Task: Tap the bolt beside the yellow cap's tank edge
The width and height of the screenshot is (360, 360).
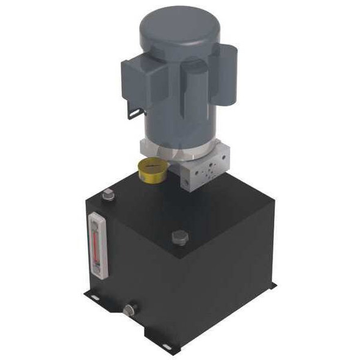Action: [x=109, y=195]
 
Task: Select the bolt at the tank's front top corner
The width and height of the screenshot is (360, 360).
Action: [x=180, y=237]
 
